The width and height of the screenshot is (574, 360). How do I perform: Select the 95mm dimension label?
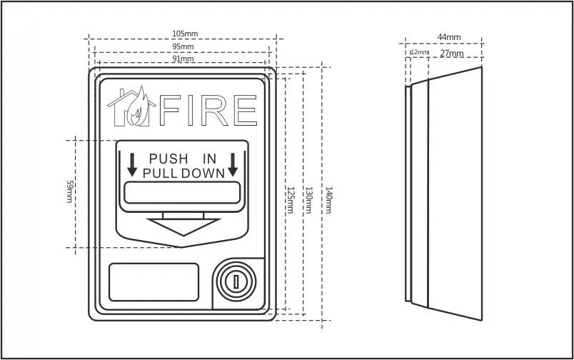pos(183,46)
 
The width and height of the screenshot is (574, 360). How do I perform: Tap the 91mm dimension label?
pos(183,59)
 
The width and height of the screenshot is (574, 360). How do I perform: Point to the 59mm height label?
pos(70,191)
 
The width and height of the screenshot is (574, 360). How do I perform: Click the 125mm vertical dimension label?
pos(290,199)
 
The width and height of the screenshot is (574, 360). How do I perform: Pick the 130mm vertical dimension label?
pos(308,199)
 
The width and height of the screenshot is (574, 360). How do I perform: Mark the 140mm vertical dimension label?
pos(328,199)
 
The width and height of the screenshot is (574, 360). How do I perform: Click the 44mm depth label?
pos(450,36)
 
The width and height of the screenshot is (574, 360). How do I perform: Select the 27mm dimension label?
pos(451,53)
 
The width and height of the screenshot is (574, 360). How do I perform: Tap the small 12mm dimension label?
pos(419,53)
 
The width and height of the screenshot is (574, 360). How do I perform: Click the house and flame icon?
pos(132,107)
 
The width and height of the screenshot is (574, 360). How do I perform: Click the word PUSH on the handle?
pos(168,159)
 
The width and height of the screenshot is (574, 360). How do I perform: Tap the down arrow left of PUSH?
pos(132,164)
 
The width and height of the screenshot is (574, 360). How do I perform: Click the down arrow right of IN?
pos(233,164)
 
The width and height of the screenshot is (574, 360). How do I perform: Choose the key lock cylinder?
pos(233,280)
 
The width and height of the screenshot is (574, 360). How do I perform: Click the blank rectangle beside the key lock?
pos(153,281)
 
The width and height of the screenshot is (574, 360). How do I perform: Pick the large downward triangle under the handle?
pos(183,226)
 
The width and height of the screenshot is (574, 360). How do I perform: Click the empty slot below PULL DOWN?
pos(182,192)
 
